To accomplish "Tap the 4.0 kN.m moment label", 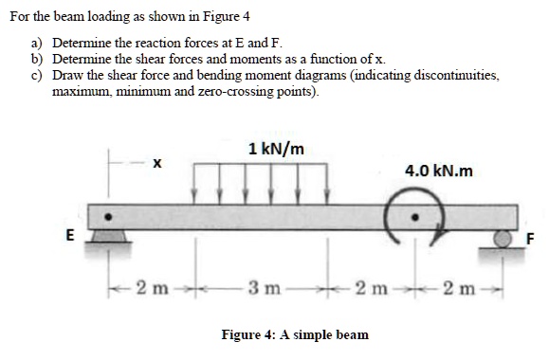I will point(437,171).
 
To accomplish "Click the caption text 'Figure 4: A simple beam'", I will point(295,334).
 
